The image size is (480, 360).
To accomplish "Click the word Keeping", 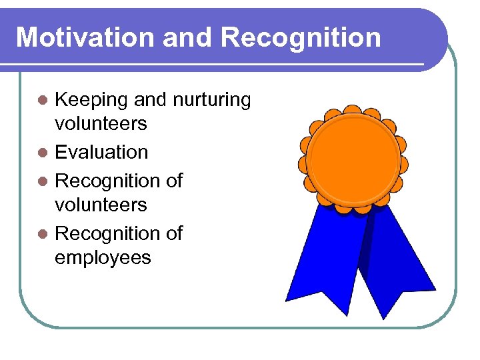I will coord(91,101).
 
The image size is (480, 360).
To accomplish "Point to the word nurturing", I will coord(212,101).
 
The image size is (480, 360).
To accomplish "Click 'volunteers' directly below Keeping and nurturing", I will coord(101,124).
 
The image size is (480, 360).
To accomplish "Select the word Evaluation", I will coord(101,152).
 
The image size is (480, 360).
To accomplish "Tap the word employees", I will coord(103,257).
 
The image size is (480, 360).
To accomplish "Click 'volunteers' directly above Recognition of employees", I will coord(101,204).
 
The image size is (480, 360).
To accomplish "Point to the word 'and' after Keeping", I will coord(151,101).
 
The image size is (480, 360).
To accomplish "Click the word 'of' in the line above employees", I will coord(172,233).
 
